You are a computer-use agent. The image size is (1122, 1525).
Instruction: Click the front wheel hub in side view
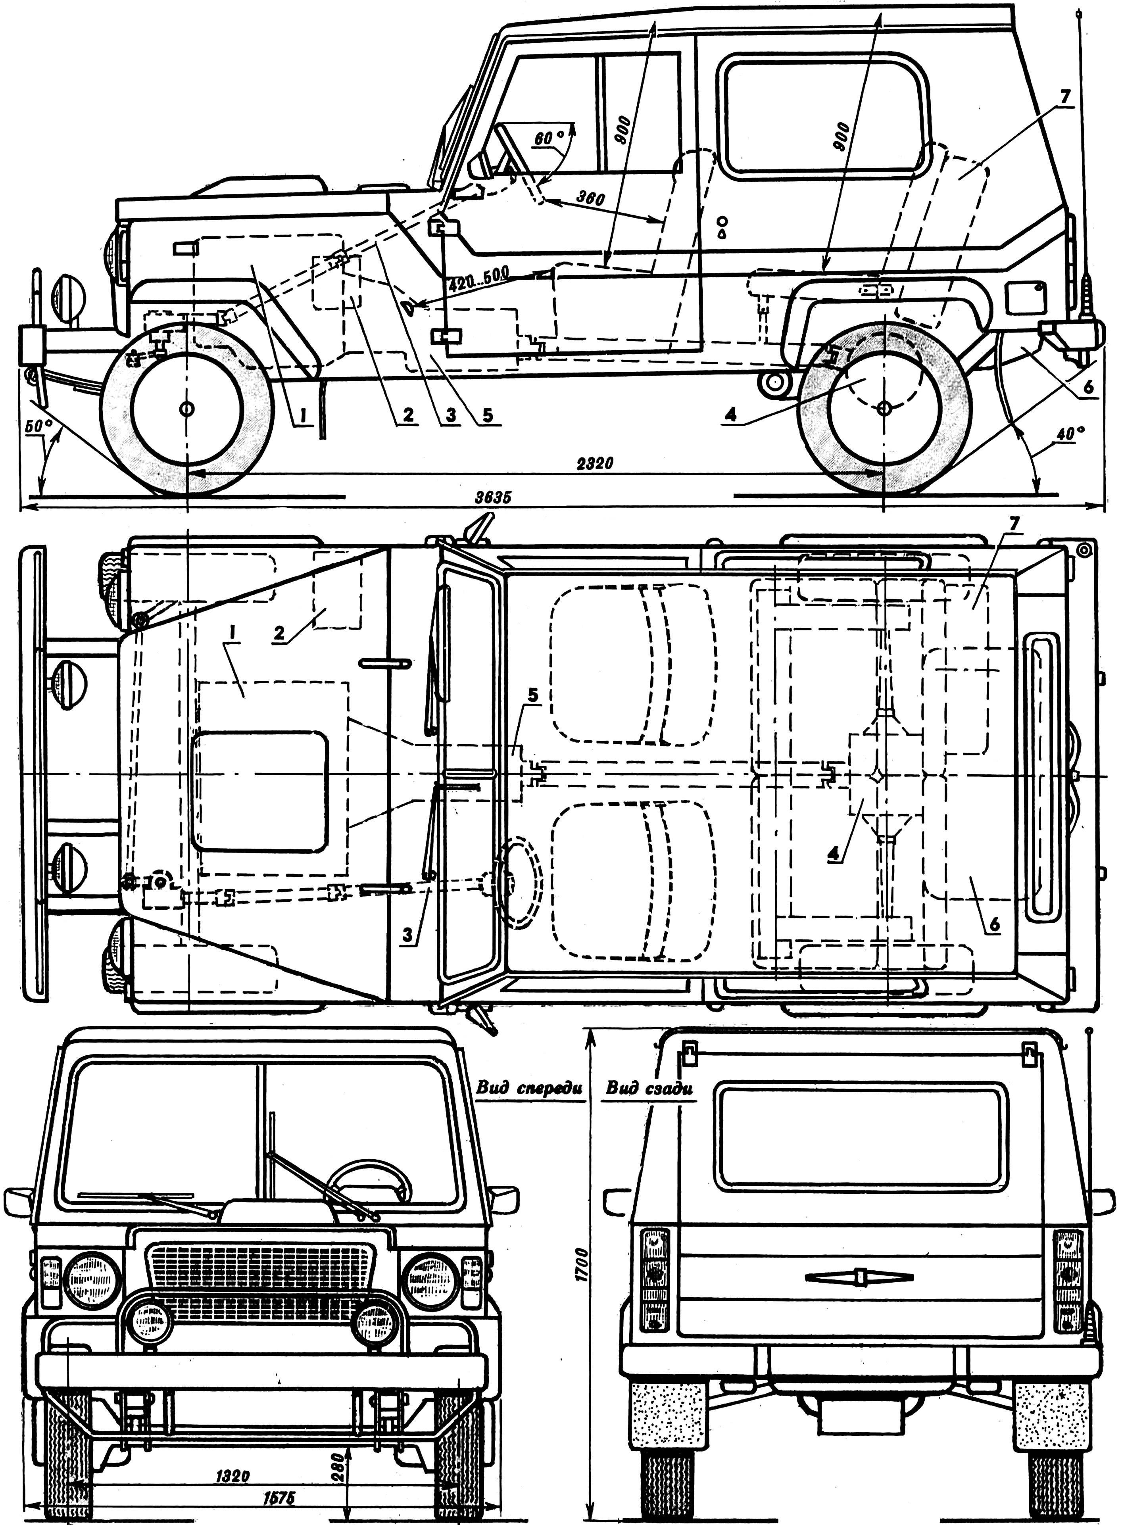coord(186,409)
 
